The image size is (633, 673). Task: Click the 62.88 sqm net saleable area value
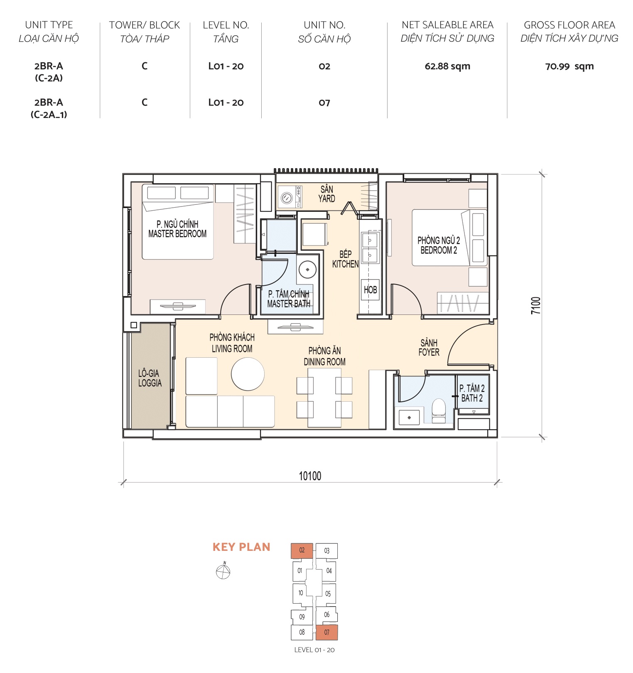pyautogui.click(x=447, y=66)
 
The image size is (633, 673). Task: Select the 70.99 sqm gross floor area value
pyautogui.click(x=569, y=66)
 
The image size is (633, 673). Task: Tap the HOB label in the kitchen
pyautogui.click(x=370, y=290)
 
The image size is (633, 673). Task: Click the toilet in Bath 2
pyautogui.click(x=439, y=410)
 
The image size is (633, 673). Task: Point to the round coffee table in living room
pyautogui.click(x=248, y=374)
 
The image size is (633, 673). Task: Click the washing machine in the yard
pyautogui.click(x=287, y=198)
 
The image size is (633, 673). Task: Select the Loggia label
pyautogui.click(x=150, y=378)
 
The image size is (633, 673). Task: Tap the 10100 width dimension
pyautogui.click(x=310, y=476)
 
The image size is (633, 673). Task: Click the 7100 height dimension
pyautogui.click(x=536, y=305)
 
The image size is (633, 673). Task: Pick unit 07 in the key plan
pyautogui.click(x=326, y=632)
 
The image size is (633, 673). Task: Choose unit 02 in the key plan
pyautogui.click(x=302, y=550)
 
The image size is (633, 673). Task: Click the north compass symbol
pyautogui.click(x=223, y=572)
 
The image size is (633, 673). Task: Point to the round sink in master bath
pyautogui.click(x=307, y=270)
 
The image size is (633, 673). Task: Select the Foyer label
pyautogui.click(x=429, y=348)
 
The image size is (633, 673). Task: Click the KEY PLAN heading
pyautogui.click(x=241, y=547)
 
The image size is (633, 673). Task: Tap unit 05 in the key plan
pyautogui.click(x=328, y=594)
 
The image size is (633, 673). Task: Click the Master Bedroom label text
pyautogui.click(x=177, y=229)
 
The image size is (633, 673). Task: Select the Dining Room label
pyautogui.click(x=324, y=356)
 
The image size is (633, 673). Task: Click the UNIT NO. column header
pyautogui.click(x=324, y=25)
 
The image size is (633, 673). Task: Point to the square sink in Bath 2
pyautogui.click(x=409, y=418)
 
